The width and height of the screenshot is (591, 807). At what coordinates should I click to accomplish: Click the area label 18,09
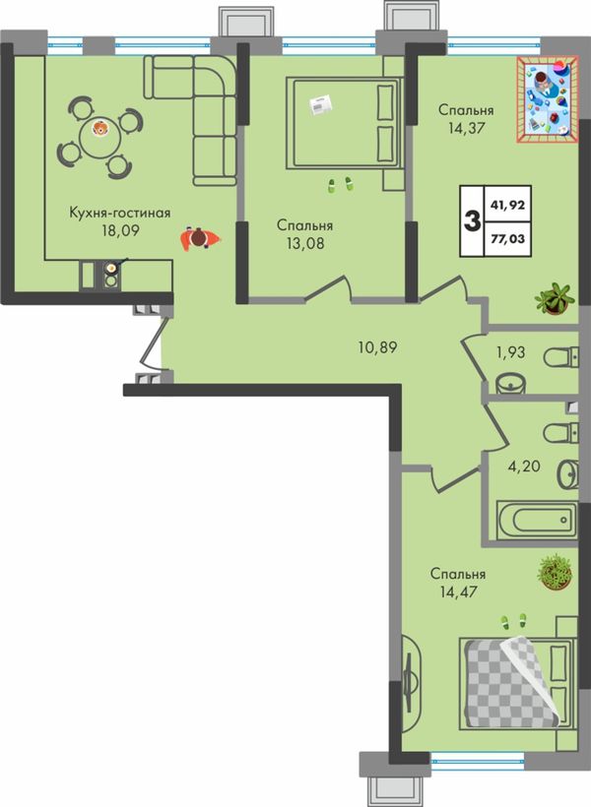tap(120, 230)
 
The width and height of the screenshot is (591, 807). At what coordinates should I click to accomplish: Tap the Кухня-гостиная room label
tap(120, 213)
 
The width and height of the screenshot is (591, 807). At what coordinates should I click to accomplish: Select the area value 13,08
tap(305, 242)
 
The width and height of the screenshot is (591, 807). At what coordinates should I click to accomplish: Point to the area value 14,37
tap(466, 128)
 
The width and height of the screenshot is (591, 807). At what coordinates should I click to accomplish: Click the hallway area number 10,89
tap(377, 347)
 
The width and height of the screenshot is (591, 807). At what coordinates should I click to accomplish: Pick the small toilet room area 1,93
tap(511, 352)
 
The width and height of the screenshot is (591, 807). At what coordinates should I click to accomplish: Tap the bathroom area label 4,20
tap(524, 466)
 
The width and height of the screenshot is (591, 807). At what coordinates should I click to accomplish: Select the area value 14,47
tap(458, 591)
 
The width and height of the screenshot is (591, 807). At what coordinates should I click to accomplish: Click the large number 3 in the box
tap(472, 221)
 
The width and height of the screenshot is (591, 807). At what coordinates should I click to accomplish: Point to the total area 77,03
tap(507, 238)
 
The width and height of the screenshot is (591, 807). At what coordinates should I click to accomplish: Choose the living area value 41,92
tap(507, 205)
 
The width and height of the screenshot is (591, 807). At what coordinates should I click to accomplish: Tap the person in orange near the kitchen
tap(200, 238)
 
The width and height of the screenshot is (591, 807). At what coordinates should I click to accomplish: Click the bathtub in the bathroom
tap(537, 520)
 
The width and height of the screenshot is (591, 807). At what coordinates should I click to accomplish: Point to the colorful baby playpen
tap(548, 99)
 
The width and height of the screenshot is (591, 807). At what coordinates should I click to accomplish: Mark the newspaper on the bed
tap(320, 104)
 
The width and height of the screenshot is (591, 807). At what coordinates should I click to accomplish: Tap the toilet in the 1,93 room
tap(561, 357)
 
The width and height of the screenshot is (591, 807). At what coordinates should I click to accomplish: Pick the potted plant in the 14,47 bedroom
tap(555, 572)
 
